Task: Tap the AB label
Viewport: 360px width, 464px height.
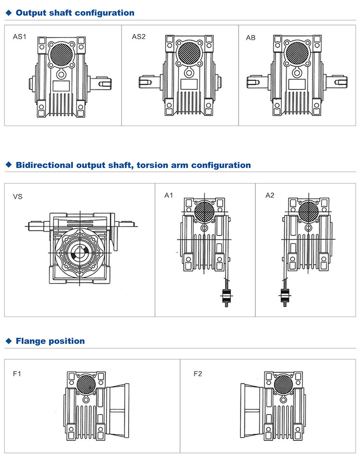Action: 251,37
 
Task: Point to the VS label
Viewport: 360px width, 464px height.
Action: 18,196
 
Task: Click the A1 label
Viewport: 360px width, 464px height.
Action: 168,195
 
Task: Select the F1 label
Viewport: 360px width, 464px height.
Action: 17,373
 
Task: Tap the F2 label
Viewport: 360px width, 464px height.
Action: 198,373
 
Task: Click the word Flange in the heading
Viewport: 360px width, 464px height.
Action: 33,341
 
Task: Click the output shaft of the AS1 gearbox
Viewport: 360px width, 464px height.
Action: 103,83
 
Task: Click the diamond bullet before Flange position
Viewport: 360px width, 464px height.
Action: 8,341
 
